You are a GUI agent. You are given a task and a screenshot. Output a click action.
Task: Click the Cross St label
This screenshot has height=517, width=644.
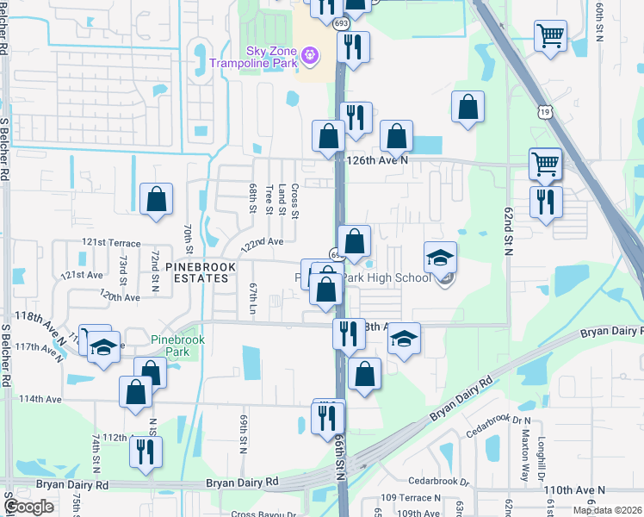tap(295, 201)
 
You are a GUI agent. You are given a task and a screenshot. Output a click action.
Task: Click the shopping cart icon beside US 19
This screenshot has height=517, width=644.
tap(546, 163)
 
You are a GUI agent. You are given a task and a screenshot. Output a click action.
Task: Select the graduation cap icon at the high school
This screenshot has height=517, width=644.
tap(440, 257)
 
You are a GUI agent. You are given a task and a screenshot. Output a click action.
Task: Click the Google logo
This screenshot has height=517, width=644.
tap(28, 507)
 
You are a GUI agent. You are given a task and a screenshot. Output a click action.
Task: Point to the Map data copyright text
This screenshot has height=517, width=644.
tap(607, 510)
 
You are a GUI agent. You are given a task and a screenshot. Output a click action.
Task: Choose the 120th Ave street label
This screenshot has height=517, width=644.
tap(120, 296)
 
